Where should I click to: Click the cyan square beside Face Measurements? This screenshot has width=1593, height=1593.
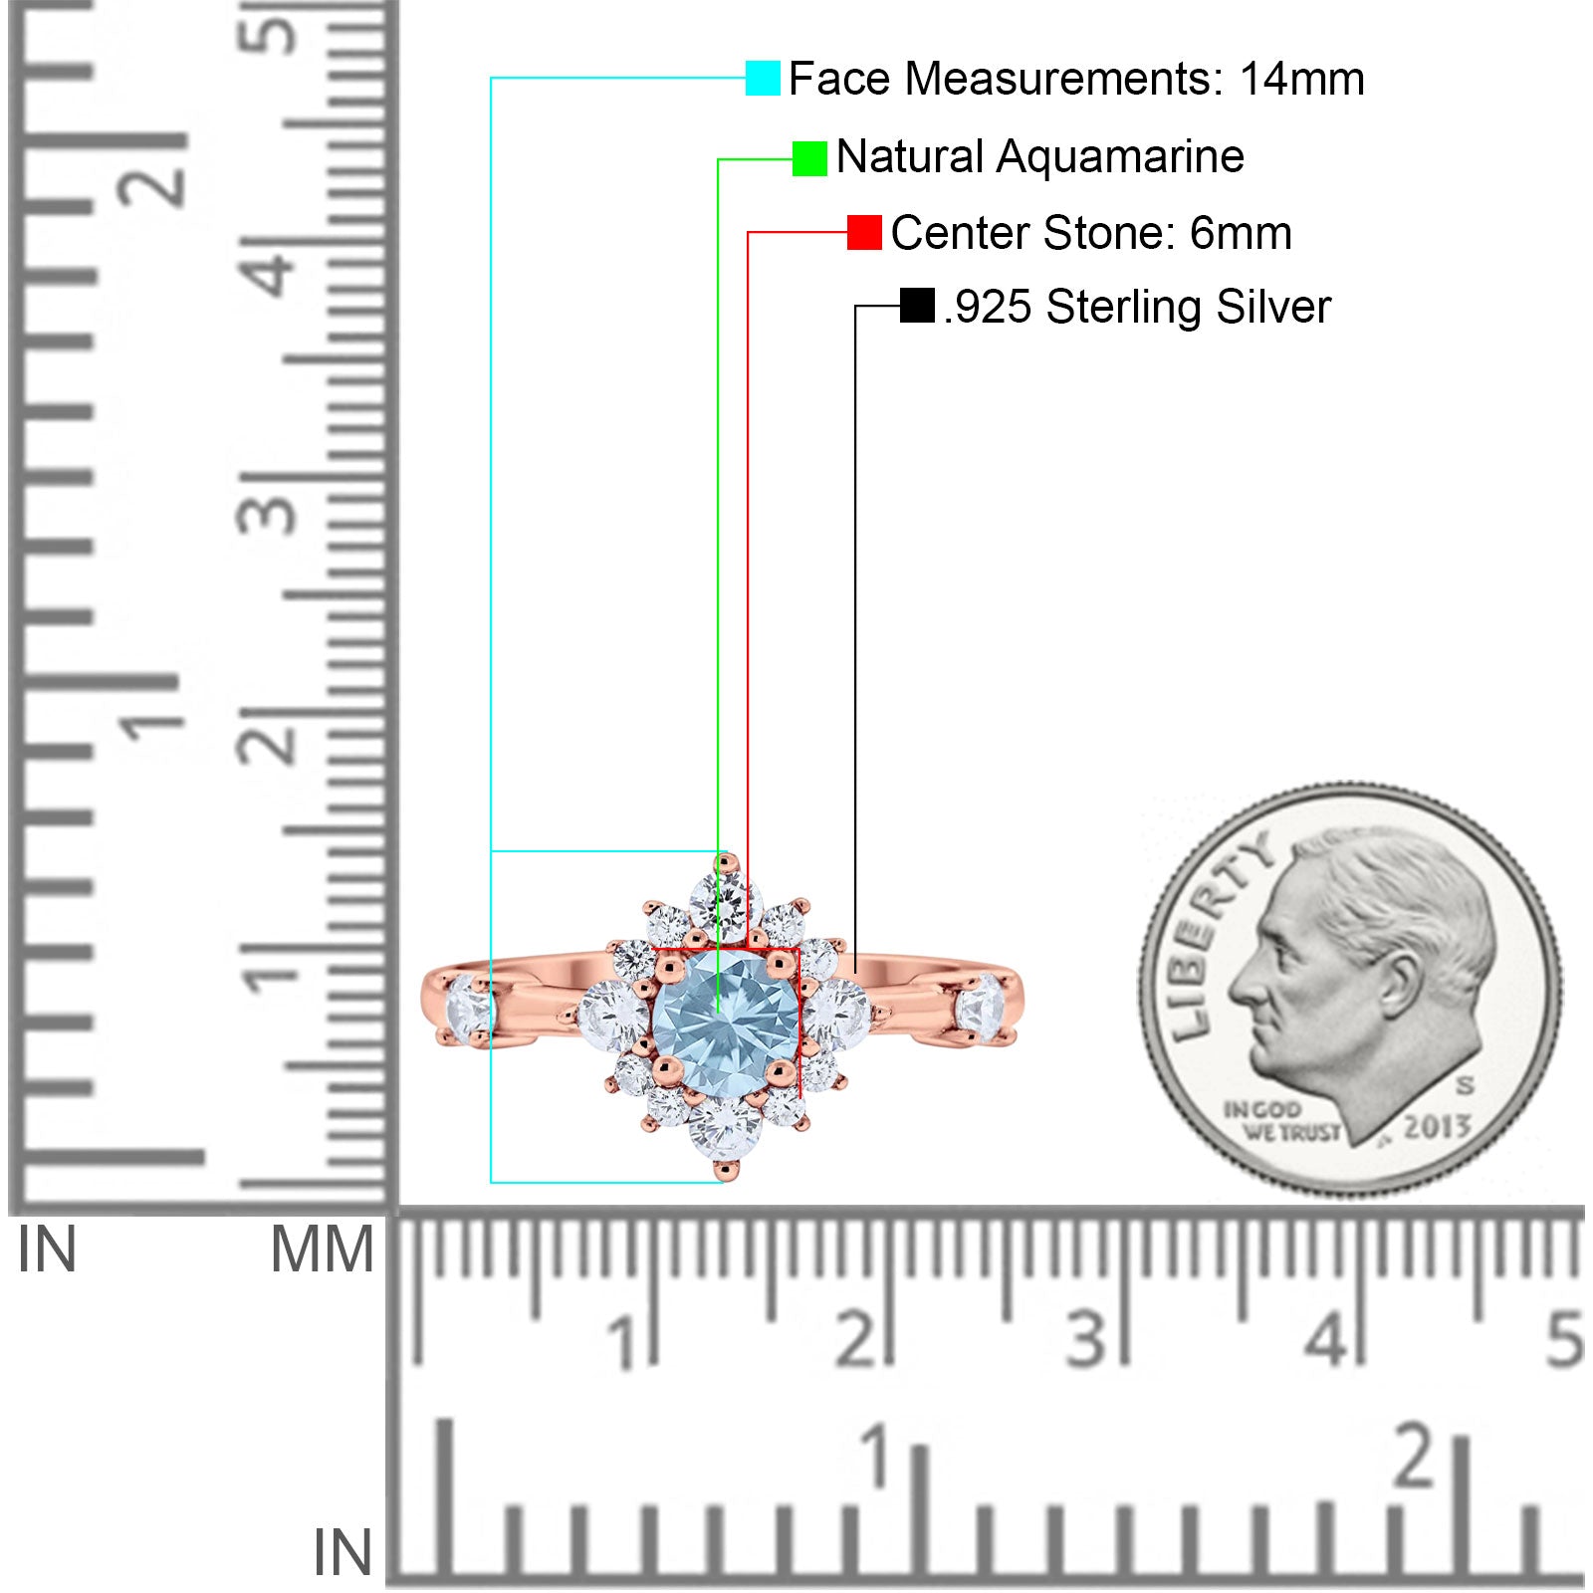(763, 79)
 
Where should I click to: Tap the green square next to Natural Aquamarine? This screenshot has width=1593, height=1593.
(809, 158)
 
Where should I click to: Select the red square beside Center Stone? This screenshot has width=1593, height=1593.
(864, 233)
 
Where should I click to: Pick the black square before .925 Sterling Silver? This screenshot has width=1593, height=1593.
(917, 306)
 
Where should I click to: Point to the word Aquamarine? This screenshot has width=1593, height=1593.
(1121, 156)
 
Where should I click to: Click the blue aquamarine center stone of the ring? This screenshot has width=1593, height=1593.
(726, 1023)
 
